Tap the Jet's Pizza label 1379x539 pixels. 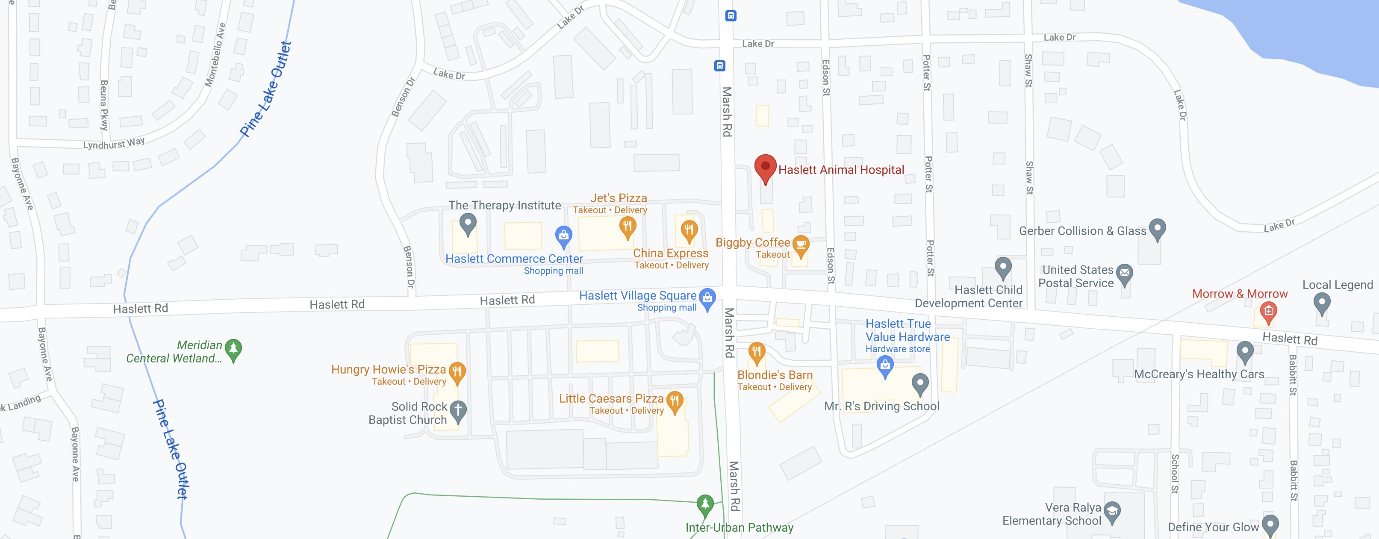click(618, 198)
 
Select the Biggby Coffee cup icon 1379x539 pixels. click(800, 245)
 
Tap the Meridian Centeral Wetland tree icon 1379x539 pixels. click(233, 348)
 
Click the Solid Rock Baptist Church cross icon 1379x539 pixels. click(458, 410)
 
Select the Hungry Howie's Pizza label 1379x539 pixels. click(388, 369)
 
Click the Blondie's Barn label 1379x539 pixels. click(775, 375)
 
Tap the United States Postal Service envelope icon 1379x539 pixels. click(1125, 273)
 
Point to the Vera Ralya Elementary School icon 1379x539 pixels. click(1112, 511)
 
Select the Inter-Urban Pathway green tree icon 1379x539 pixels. click(705, 504)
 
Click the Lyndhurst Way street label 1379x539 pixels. click(113, 144)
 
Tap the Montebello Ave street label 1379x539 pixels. click(215, 55)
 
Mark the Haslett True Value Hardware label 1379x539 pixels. click(908, 330)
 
